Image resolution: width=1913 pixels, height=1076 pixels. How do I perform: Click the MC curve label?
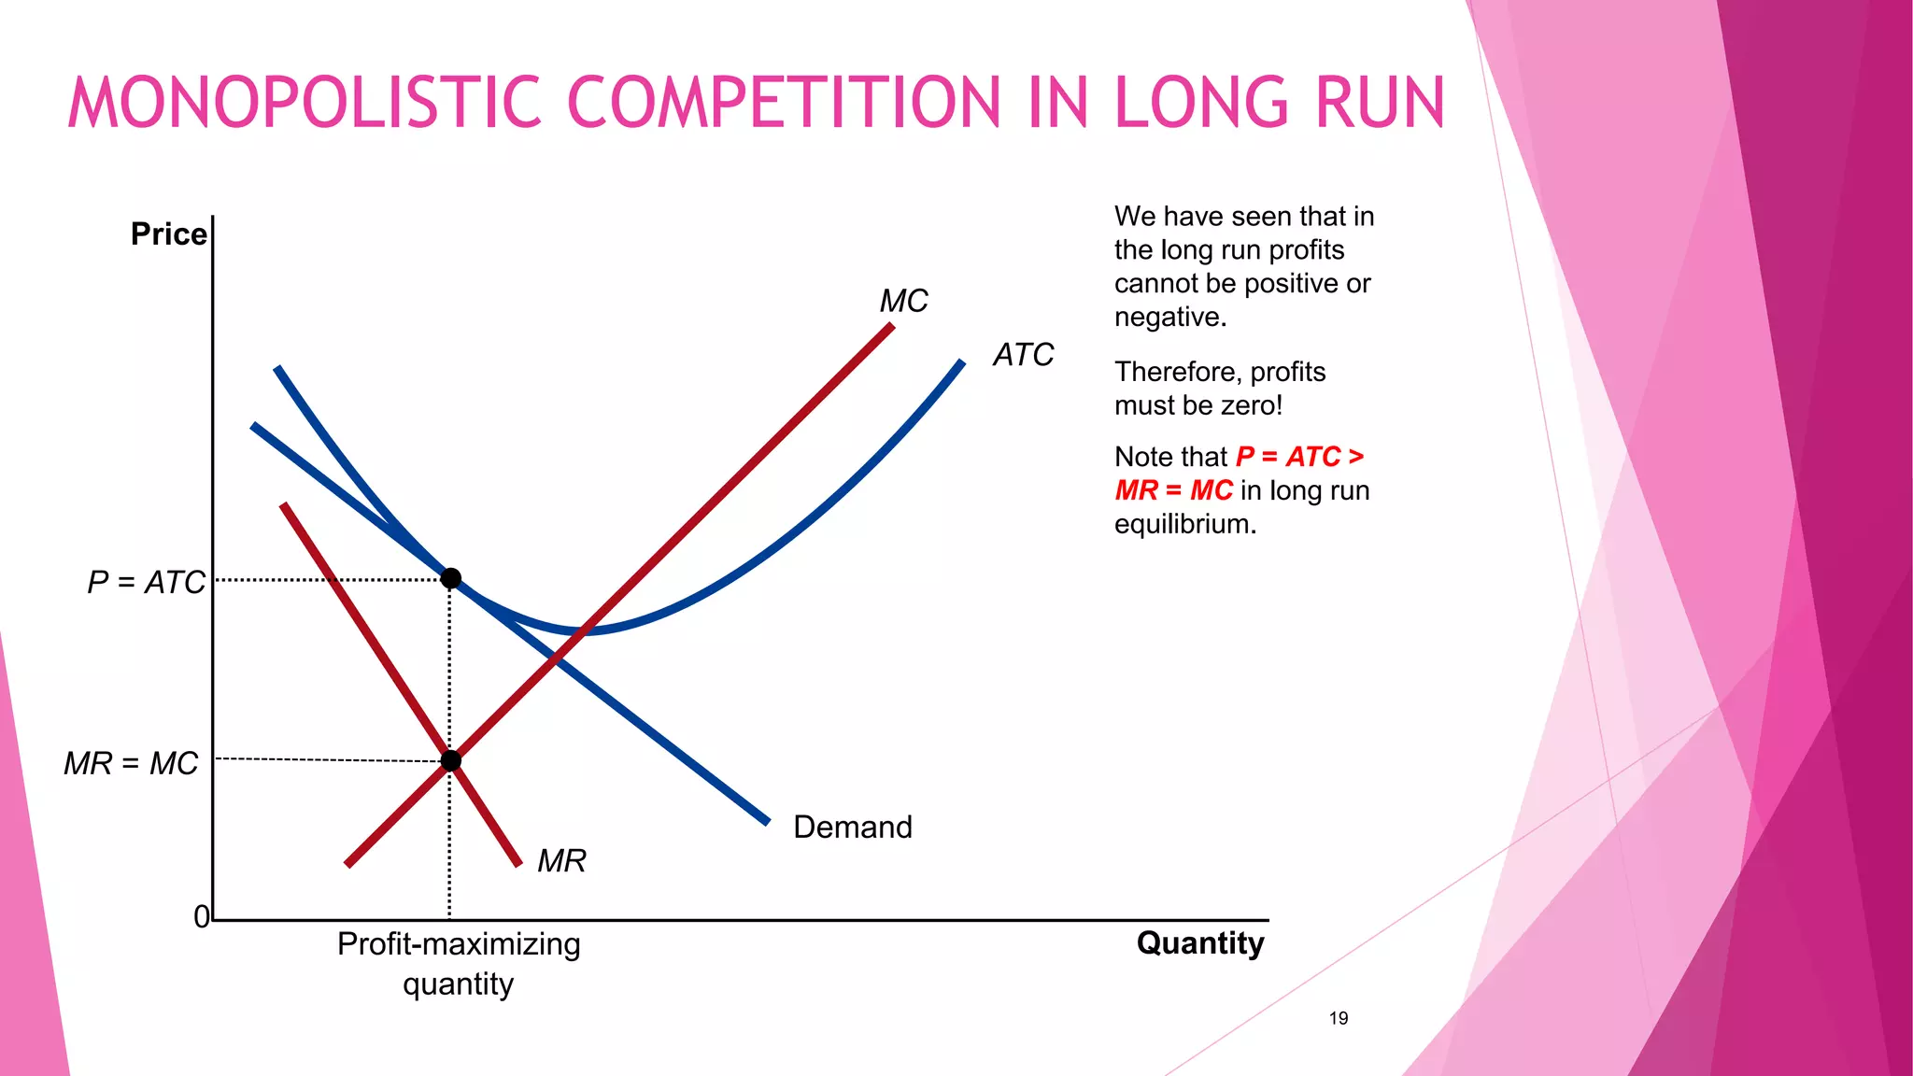coord(903,301)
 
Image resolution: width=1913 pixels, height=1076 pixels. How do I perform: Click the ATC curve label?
coord(1023,355)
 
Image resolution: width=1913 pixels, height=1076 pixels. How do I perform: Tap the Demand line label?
coord(852,828)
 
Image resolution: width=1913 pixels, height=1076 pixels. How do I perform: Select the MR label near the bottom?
coord(561,861)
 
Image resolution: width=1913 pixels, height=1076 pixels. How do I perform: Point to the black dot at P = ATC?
coord(450,579)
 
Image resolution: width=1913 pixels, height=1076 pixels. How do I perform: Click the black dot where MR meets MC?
coord(450,760)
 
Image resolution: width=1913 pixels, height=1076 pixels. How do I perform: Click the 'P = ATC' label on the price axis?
coord(146,583)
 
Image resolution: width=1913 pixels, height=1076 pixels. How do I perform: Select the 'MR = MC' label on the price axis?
coord(131,764)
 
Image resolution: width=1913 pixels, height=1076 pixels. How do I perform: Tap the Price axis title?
coord(168,234)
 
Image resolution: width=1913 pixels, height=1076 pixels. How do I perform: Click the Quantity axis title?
coord(1199,943)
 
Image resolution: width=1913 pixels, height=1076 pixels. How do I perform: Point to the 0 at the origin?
coord(201,917)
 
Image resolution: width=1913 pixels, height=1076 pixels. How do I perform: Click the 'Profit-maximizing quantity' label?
coord(459,963)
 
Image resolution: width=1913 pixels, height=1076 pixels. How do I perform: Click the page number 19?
coord(1338,1018)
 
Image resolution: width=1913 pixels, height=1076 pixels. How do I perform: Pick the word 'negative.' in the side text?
coord(1169,318)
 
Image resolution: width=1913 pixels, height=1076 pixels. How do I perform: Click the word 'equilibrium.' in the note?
coord(1184,524)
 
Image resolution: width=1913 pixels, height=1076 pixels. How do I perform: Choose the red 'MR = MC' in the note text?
coord(1173,490)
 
